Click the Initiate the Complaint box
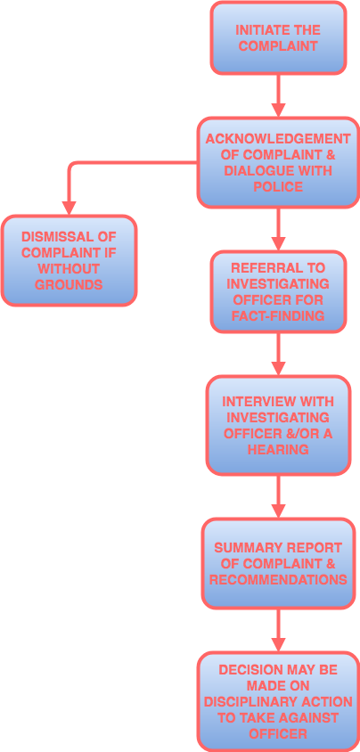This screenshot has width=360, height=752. pyautogui.click(x=278, y=37)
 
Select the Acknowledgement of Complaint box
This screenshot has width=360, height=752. pyautogui.click(x=278, y=163)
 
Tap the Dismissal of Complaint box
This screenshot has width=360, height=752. pyautogui.click(x=69, y=260)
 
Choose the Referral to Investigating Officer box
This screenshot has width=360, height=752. pyautogui.click(x=278, y=291)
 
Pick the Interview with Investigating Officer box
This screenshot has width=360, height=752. pyautogui.click(x=278, y=425)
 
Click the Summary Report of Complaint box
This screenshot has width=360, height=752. pyautogui.click(x=278, y=563)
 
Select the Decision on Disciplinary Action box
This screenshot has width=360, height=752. pyautogui.click(x=278, y=700)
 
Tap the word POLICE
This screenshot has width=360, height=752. pyautogui.click(x=278, y=187)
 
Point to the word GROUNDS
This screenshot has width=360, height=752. pyautogui.click(x=69, y=285)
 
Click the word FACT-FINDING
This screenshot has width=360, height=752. pyautogui.click(x=278, y=316)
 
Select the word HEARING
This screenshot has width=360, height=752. pyautogui.click(x=278, y=450)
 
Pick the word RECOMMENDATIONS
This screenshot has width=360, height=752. pyautogui.click(x=278, y=580)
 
